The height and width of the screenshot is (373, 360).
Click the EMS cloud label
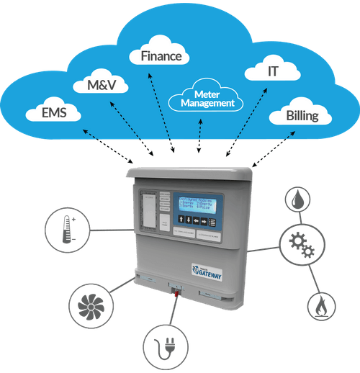point(51,112)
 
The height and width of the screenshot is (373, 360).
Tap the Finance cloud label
point(159,55)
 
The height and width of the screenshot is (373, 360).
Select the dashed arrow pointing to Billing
point(259,147)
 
